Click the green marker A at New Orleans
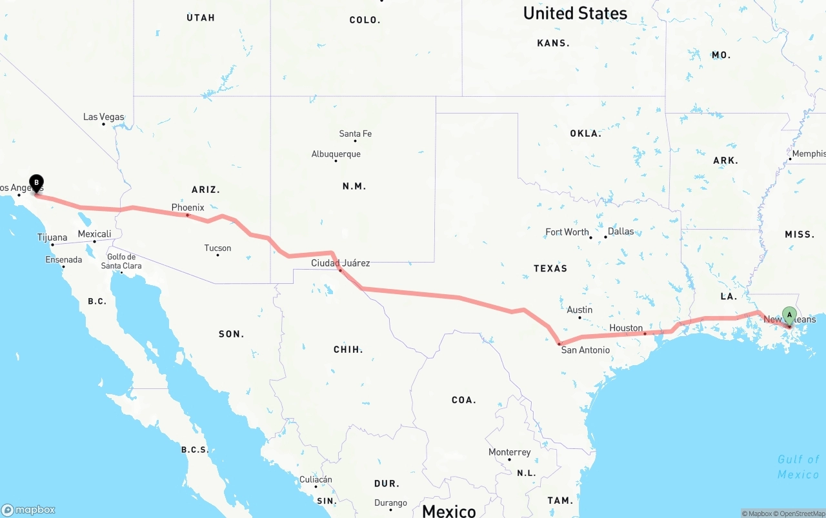[x=789, y=315]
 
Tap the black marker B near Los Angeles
[x=37, y=183]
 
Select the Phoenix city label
[x=188, y=207]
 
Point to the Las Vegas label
[x=103, y=117]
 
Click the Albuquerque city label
[x=336, y=154]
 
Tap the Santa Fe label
[x=355, y=134]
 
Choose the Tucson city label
[x=217, y=248]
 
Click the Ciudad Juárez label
[x=340, y=263]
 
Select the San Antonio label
[x=585, y=350]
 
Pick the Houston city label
[x=626, y=328]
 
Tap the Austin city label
[x=579, y=310]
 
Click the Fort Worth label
[x=567, y=232]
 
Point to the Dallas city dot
[x=605, y=237]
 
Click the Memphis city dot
[x=790, y=159]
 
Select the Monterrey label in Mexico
[x=509, y=452]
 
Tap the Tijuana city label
[x=52, y=237]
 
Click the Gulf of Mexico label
[x=798, y=466]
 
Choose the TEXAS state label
[x=550, y=268]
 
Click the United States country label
[x=574, y=13]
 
